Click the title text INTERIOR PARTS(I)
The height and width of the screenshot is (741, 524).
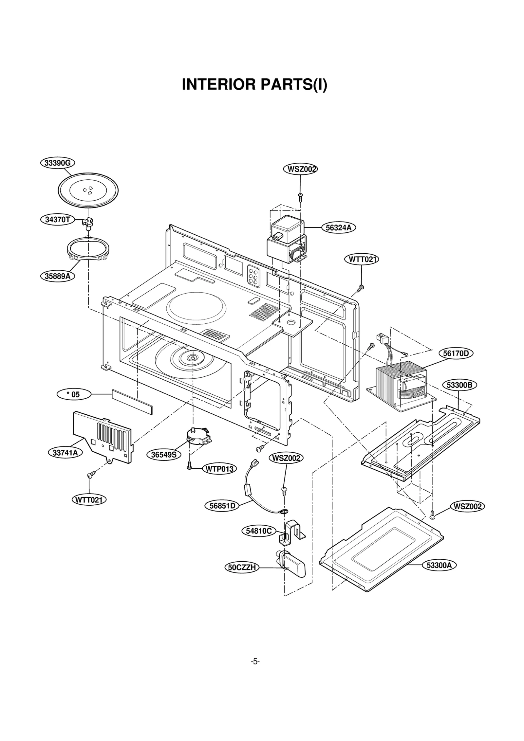pyautogui.click(x=254, y=84)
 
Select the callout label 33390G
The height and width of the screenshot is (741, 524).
pyautogui.click(x=57, y=163)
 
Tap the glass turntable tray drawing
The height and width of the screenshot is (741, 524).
pyautogui.click(x=88, y=190)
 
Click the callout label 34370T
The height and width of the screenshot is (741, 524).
pyautogui.click(x=58, y=220)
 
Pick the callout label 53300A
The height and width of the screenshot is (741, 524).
pyautogui.click(x=439, y=565)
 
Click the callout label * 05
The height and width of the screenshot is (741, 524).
pyautogui.click(x=74, y=394)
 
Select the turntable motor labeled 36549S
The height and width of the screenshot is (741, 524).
pyautogui.click(x=197, y=436)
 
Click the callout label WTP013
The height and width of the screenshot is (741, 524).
pyautogui.click(x=219, y=469)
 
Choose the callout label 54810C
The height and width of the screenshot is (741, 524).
pyautogui.click(x=259, y=531)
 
